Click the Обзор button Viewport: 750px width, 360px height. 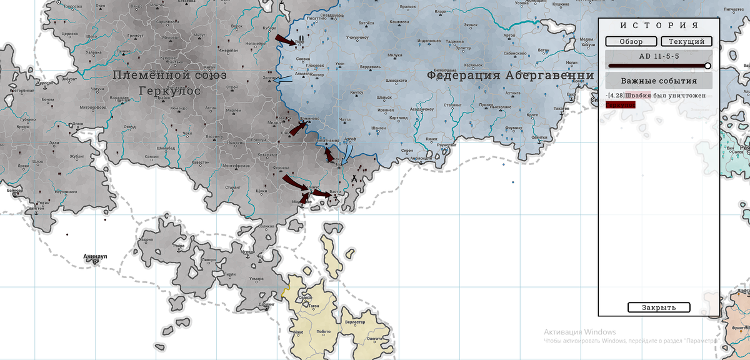[631, 41]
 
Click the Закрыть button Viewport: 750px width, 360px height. [659, 307]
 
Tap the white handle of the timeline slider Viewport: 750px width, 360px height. [707, 66]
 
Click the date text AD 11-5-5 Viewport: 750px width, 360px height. [659, 56]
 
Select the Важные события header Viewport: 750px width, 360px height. [659, 81]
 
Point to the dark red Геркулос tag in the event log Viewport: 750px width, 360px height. [620, 105]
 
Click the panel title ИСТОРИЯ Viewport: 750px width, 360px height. [659, 26]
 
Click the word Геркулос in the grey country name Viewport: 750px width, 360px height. [170, 91]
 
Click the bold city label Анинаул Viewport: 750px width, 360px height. [96, 256]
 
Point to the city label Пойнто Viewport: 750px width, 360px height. [324, 332]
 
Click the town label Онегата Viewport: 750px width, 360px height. [374, 338]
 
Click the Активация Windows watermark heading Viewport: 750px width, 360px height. [579, 332]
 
